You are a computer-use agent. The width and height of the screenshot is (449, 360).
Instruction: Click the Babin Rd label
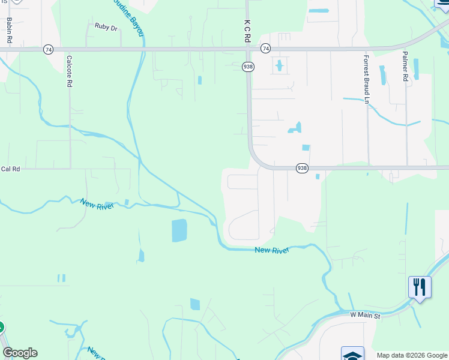[10, 29]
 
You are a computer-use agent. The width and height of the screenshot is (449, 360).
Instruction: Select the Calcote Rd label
[70, 72]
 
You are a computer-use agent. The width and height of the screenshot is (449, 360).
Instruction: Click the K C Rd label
[247, 29]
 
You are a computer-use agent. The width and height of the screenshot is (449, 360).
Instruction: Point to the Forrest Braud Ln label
[366, 79]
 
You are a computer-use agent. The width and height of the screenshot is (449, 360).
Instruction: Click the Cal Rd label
[10, 169]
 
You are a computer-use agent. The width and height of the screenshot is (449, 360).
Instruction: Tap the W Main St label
[366, 315]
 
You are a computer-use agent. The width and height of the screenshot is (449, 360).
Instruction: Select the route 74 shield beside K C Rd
[265, 48]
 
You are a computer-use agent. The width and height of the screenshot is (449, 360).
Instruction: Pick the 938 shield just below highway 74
[248, 66]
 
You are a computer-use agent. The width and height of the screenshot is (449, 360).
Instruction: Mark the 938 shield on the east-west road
[302, 169]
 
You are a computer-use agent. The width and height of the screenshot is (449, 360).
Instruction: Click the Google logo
[20, 353]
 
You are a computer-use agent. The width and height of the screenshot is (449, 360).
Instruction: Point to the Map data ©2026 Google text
[411, 355]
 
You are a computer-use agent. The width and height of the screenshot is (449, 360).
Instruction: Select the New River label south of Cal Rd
[97, 203]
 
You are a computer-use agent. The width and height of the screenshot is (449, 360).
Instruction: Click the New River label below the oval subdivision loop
[271, 250]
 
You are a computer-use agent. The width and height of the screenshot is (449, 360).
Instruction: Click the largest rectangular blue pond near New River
[179, 230]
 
